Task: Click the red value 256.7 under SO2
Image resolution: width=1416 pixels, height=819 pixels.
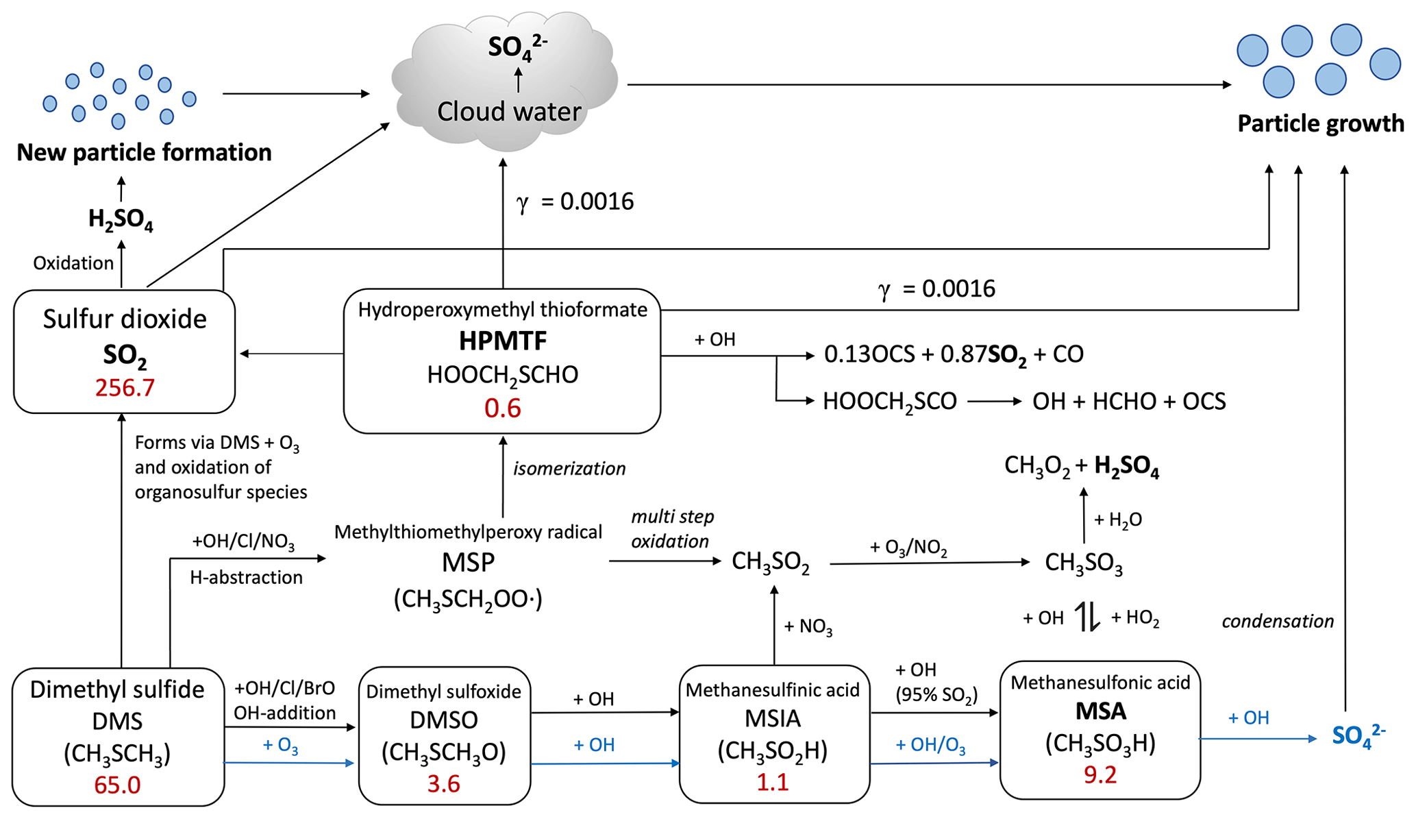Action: [x=125, y=388]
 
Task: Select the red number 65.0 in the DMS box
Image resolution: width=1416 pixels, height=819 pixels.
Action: [x=117, y=785]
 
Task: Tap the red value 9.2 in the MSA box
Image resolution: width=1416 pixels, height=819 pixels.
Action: [x=1100, y=774]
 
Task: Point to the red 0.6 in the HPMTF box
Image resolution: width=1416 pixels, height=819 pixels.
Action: [x=502, y=408]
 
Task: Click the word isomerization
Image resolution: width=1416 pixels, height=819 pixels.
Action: [x=569, y=469]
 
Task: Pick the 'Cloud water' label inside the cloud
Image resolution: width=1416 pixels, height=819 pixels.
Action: [x=509, y=112]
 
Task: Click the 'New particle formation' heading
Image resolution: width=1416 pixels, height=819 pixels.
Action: [x=144, y=152]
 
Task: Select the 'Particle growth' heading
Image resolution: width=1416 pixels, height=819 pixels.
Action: [x=1320, y=123]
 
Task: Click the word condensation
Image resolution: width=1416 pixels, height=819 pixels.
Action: [x=1278, y=622]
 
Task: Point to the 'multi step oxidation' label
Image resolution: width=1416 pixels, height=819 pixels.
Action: [x=671, y=529]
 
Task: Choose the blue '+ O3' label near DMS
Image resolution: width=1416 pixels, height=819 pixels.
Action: [x=280, y=746]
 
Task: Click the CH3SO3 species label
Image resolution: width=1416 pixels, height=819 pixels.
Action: [x=1083, y=563]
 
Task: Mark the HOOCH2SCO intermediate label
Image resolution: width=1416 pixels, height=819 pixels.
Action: [x=889, y=402]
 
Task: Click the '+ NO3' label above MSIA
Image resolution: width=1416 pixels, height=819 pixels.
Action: [x=808, y=626]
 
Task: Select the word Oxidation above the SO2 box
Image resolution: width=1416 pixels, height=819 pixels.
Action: [x=73, y=263]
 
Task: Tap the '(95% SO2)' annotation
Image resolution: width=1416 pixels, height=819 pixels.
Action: [x=936, y=695]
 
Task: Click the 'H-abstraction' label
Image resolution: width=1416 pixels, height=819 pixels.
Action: [x=246, y=578]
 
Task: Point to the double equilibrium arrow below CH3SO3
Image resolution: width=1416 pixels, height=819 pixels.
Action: [x=1086, y=617]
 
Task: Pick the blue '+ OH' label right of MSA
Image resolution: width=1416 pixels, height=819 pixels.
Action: [x=1248, y=718]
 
